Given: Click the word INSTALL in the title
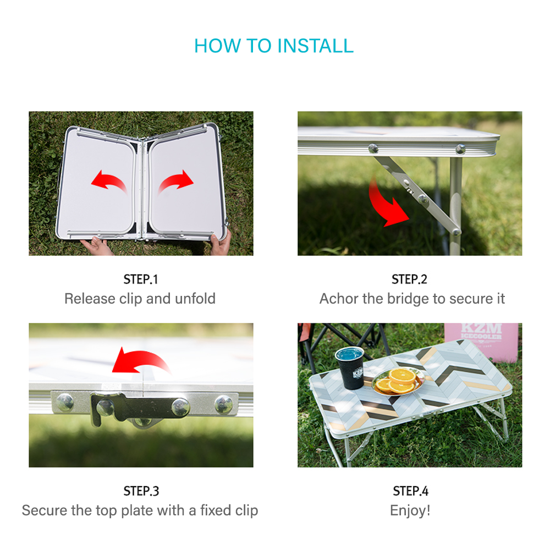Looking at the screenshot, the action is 315,46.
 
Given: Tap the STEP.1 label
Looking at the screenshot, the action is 141,279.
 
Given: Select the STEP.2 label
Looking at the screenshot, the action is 409,279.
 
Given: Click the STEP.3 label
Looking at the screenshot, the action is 141,491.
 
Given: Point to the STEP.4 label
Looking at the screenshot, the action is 410,491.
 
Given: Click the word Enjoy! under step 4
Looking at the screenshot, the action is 410,511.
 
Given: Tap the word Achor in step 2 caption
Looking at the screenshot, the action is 339,299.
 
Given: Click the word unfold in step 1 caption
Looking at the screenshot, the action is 195,299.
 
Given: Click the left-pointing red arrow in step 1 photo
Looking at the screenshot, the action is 109,180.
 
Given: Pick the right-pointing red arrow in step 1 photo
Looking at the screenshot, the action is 176,182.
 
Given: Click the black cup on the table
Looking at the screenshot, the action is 350,367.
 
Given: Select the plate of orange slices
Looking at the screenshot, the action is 398,381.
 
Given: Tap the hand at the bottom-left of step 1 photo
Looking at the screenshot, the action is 96,245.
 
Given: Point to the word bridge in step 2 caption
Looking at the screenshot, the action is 408,299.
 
